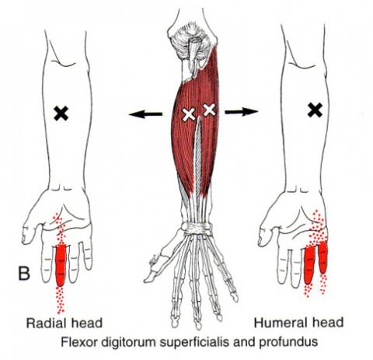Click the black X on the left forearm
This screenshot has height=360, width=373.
pyautogui.click(x=61, y=114)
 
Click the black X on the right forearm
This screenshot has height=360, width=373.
pyautogui.click(x=315, y=110)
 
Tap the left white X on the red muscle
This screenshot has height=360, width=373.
pyautogui.click(x=189, y=114)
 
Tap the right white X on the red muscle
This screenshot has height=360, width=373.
pyautogui.click(x=209, y=110)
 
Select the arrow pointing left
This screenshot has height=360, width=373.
pyautogui.click(x=145, y=114)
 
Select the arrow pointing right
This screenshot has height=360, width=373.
pyautogui.click(x=242, y=112)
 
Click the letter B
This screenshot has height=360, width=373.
pyautogui.click(x=24, y=273)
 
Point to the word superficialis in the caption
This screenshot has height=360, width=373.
pyautogui.click(x=195, y=342)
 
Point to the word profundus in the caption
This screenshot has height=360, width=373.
pyautogui.click(x=288, y=342)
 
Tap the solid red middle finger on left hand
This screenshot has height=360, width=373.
pyautogui.click(x=61, y=265)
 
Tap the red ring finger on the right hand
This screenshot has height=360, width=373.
pyautogui.click(x=309, y=265)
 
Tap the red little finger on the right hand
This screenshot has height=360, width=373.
pyautogui.click(x=323, y=257)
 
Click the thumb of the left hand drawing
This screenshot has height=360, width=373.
pyautogui.click(x=30, y=232)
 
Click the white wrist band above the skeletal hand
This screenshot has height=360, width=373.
pyautogui.click(x=197, y=229)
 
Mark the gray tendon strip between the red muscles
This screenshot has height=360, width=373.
pyautogui.click(x=197, y=156)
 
